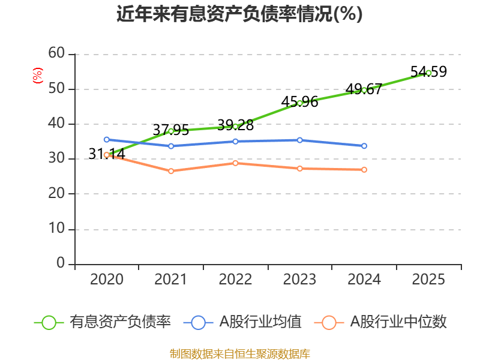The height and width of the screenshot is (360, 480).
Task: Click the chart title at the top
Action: point(239,14)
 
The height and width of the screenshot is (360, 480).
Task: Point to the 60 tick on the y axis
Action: point(56,53)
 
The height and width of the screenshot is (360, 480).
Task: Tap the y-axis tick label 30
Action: point(56,159)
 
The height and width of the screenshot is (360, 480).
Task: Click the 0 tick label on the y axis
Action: point(60,263)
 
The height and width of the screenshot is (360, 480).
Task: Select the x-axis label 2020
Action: point(106,280)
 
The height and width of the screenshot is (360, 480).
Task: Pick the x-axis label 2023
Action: point(299,280)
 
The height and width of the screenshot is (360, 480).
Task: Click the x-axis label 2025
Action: point(428,280)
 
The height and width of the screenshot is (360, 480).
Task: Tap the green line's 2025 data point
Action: point(428,73)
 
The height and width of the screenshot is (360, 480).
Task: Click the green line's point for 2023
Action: point(299,103)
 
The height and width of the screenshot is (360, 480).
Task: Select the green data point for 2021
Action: point(171,131)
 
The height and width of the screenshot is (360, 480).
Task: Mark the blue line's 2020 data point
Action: point(106,139)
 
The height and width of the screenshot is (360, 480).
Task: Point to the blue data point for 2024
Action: point(364,146)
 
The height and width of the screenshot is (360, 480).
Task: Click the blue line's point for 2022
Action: point(235,142)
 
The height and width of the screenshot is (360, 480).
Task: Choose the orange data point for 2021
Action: point(171,171)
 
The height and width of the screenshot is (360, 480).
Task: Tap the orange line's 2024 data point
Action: point(364,170)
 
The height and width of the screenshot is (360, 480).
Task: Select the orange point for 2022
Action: point(235,163)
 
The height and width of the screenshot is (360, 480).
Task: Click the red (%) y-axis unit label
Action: point(38,76)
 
